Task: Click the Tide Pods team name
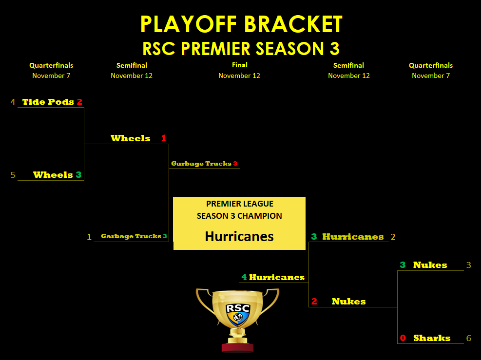tap(48, 102)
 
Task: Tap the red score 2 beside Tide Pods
tap(80, 102)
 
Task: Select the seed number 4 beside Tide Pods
tap(13, 102)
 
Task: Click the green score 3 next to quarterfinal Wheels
tap(78, 175)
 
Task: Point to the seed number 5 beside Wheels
tap(13, 175)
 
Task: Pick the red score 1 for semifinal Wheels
tap(164, 138)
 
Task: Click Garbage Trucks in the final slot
tap(201, 164)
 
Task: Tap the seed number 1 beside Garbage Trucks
tap(89, 237)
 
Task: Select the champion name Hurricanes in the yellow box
tap(239, 236)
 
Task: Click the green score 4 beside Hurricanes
tap(244, 277)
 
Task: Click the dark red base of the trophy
tap(238, 347)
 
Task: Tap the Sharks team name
tap(432, 338)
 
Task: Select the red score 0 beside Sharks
tap(403, 338)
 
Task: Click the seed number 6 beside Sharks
tap(469, 338)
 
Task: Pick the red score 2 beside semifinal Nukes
tap(314, 302)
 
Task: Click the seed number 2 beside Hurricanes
tap(393, 237)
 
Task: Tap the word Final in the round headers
tap(240, 65)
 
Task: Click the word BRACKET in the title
tap(293, 24)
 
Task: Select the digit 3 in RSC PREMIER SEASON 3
tap(335, 48)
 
